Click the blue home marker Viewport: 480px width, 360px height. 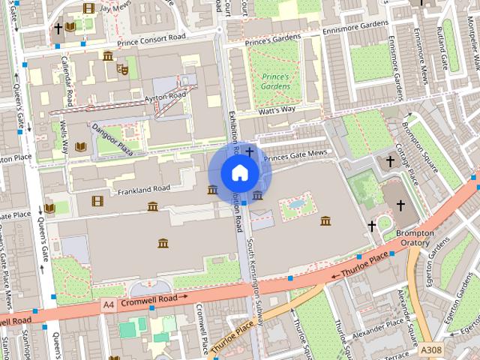coord(238,173)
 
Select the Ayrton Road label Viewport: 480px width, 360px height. coord(164,96)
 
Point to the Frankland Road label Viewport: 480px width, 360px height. coord(144,189)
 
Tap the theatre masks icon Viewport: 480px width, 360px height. coord(122,69)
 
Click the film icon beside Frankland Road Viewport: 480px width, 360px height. coord(97,200)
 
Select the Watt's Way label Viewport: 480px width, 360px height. coord(277,109)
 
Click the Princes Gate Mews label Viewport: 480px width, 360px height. coord(295,154)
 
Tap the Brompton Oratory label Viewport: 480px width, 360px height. coord(414,238)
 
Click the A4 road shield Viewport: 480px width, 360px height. coord(109,304)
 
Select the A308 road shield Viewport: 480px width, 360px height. coord(430,349)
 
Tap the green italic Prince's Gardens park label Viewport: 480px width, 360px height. coord(275,81)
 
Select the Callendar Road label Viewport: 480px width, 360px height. coord(67,81)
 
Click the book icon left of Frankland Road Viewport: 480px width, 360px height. coord(50,208)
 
